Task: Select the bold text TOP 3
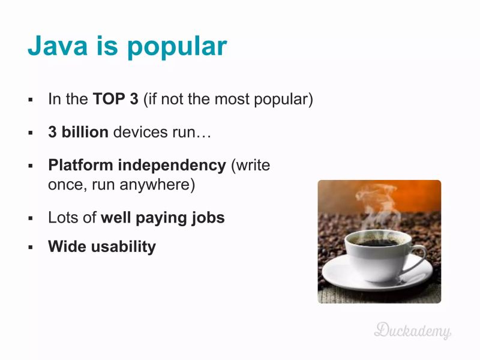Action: click(x=115, y=99)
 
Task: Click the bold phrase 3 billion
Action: click(x=78, y=132)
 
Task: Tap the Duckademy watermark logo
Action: click(x=413, y=329)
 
